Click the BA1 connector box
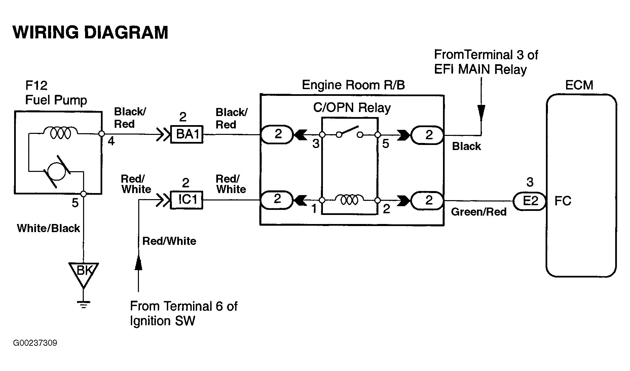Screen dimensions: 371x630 tap(187, 134)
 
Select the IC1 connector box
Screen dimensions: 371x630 tap(187, 200)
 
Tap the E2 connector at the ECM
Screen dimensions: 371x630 tap(530, 201)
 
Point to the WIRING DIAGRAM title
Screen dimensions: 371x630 tap(90, 33)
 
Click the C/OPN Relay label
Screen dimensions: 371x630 tap(352, 108)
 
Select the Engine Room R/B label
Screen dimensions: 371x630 tap(353, 85)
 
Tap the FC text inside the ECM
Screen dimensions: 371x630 tap(563, 201)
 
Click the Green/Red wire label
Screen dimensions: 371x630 tap(479, 212)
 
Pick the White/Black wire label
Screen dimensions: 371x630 tap(48, 228)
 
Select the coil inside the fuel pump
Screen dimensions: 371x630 tap(61, 133)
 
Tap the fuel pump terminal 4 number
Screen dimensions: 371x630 tap(111, 141)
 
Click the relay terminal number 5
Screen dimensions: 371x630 tap(385, 144)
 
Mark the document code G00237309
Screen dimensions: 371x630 tap(35, 343)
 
